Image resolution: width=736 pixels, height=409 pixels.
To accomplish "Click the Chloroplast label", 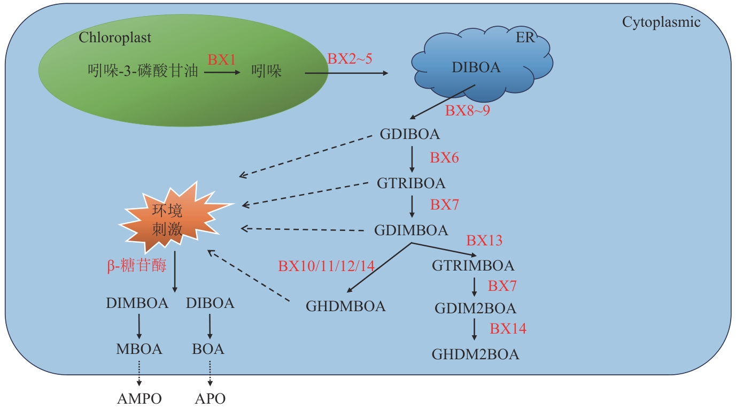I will point(115,38).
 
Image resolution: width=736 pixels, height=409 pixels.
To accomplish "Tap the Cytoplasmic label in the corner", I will point(661,22).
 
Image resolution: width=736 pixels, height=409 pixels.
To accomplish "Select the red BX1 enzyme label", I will point(222,60).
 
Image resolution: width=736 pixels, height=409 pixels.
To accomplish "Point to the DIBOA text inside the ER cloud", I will point(476,67).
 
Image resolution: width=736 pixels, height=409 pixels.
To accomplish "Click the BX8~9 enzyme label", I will point(468,112).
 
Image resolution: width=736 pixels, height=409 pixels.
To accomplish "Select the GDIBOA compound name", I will point(410,134).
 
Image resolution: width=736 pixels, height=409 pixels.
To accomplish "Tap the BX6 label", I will point(444,158).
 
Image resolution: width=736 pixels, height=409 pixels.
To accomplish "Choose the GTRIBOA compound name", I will point(411,183).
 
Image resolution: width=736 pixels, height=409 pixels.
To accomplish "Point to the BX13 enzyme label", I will point(484,241).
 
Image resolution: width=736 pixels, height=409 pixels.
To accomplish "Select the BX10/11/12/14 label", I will point(326,266).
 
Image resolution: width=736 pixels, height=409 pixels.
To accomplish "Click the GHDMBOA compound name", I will point(346,306).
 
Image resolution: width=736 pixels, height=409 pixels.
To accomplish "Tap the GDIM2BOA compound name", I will point(475,308).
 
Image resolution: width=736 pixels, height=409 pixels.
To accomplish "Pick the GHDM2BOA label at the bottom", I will point(475,354).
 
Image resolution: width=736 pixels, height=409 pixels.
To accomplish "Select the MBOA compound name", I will point(139,350).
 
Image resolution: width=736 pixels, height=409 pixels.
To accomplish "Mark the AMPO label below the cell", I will point(139,398).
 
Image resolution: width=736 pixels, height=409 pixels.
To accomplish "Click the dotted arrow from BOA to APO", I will point(210,373).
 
